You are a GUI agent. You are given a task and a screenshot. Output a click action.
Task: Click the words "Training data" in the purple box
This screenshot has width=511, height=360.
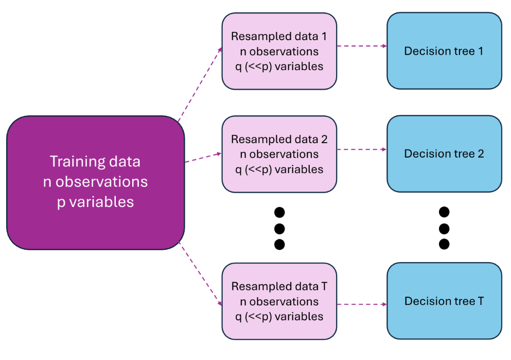(x=95, y=161)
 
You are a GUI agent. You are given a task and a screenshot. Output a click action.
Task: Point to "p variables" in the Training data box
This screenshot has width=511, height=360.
(x=95, y=202)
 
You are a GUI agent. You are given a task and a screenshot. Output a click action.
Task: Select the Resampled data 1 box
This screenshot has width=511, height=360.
(x=279, y=51)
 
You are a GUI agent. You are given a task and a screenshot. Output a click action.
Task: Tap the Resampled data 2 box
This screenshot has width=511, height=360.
(x=279, y=153)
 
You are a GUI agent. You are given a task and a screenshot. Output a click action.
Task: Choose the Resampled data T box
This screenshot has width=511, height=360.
(x=279, y=301)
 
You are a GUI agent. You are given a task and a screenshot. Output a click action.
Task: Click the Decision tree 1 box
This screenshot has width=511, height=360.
(x=444, y=51)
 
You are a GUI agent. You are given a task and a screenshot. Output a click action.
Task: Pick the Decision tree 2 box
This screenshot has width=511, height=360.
(x=444, y=153)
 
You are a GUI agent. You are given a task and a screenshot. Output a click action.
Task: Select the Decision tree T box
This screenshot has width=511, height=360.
(x=444, y=301)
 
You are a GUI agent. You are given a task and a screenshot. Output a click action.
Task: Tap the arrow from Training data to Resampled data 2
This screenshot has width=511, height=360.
(x=203, y=158)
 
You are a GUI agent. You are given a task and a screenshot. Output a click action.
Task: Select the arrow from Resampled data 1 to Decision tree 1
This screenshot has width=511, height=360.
(x=362, y=46)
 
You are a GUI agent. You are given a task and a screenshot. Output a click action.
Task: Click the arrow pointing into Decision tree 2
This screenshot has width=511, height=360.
(x=362, y=149)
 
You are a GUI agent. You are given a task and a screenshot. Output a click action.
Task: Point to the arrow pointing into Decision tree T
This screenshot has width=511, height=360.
(x=362, y=304)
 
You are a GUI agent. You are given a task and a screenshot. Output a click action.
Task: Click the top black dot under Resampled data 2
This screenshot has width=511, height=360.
(x=279, y=212)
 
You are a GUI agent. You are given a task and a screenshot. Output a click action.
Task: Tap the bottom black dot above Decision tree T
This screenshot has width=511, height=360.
(x=444, y=244)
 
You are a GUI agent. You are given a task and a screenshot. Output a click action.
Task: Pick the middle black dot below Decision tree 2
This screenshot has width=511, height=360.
(x=444, y=228)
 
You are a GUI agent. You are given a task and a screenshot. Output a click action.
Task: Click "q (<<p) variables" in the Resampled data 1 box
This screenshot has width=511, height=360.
(x=279, y=66)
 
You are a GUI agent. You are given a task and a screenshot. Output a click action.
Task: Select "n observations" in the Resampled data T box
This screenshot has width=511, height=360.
(x=279, y=301)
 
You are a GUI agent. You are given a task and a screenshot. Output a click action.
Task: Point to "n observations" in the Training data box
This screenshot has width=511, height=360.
(x=95, y=182)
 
